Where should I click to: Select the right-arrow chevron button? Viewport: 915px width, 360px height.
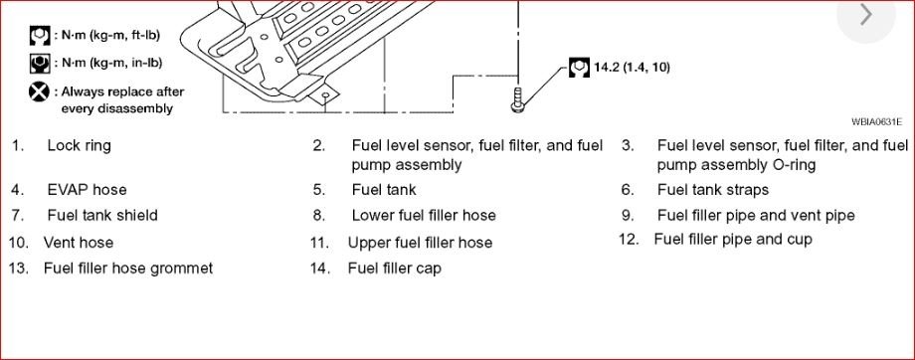866,15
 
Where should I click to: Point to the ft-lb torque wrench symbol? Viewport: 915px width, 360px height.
40,37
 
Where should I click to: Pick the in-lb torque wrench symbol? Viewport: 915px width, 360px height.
40,63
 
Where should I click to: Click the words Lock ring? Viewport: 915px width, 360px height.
79,145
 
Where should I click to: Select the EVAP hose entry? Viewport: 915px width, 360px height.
87,189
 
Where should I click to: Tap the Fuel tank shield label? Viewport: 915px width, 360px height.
101,215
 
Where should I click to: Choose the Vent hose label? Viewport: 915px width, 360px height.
79,242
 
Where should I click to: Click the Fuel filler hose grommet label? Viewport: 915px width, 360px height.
127,269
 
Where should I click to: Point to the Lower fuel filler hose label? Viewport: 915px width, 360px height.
423,215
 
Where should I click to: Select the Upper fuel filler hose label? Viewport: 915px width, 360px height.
420,242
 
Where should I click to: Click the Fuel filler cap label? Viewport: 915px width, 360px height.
394,269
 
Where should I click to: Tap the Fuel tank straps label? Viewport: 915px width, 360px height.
712,189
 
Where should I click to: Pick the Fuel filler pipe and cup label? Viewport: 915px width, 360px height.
732,239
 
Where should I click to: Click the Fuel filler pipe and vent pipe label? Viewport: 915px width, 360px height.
755,215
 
